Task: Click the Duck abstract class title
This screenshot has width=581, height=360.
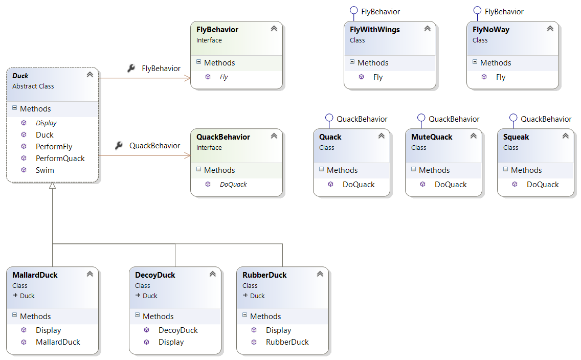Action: click(x=20, y=76)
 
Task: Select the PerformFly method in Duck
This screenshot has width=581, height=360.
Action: click(x=54, y=147)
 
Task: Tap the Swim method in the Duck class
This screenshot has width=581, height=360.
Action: click(x=44, y=170)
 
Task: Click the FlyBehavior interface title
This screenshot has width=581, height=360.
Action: click(x=217, y=30)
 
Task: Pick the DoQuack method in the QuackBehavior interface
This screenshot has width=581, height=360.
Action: click(x=233, y=185)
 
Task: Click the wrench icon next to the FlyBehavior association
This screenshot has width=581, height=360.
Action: click(x=131, y=68)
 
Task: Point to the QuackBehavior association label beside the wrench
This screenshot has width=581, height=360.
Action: click(x=154, y=146)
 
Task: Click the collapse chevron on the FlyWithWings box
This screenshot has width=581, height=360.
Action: click(x=427, y=29)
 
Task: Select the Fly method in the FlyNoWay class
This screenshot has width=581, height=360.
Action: click(x=500, y=77)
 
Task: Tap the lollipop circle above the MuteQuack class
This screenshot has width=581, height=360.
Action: click(x=421, y=118)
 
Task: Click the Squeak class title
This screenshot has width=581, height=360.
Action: click(x=516, y=137)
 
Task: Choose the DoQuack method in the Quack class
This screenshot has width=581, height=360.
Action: click(x=359, y=185)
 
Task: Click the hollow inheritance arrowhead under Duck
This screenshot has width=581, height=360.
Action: click(x=52, y=186)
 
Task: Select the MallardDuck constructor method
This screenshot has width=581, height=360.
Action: click(x=58, y=342)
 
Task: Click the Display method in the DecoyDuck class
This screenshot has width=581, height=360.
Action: click(x=171, y=342)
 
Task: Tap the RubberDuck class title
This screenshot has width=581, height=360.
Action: click(x=264, y=275)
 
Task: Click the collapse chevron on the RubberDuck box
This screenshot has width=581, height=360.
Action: click(x=320, y=274)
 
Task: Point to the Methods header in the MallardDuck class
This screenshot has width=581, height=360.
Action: click(x=35, y=317)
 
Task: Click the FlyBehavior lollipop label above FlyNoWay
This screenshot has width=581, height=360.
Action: click(x=504, y=11)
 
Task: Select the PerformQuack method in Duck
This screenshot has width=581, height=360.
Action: click(x=60, y=159)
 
